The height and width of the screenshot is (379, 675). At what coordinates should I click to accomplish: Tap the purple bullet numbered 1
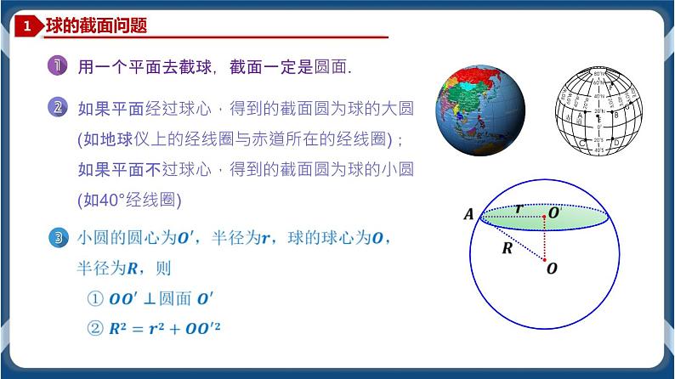[58, 67]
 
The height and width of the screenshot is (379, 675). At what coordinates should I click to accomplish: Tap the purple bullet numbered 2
[58, 108]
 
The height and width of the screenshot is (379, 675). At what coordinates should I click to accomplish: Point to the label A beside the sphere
[468, 215]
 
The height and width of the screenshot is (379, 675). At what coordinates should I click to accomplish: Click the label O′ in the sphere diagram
[554, 213]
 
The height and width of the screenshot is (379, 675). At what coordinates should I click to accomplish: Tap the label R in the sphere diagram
[507, 249]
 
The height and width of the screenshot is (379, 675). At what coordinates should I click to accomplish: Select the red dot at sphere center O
[545, 260]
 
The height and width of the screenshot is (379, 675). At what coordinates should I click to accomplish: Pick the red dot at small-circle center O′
[545, 218]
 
